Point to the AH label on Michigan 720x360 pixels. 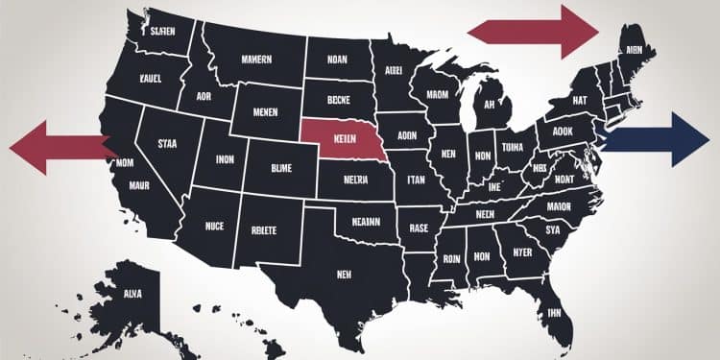point(489,107)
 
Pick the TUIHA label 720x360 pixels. point(514,148)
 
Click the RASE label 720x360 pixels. point(420,228)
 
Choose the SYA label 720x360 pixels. point(551,230)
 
